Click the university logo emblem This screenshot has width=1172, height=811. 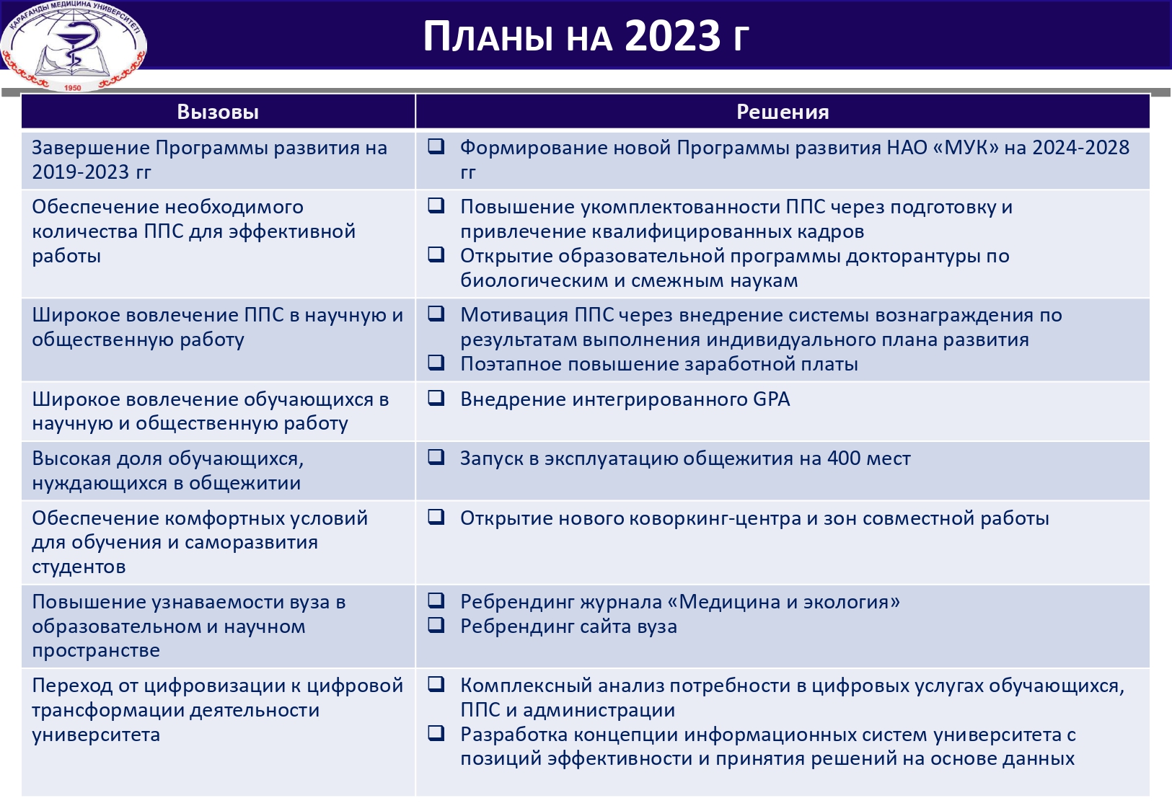pyautogui.click(x=73, y=45)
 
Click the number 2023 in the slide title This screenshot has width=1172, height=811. pyautogui.click(x=672, y=36)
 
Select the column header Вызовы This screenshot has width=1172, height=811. pyautogui.click(x=218, y=112)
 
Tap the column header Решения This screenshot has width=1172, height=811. pyautogui.click(x=783, y=112)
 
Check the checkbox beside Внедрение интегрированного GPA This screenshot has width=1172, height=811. pyautogui.click(x=436, y=398)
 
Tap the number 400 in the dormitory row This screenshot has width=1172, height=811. pyautogui.click(x=845, y=458)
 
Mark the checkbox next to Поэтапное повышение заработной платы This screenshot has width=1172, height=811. pyautogui.click(x=436, y=363)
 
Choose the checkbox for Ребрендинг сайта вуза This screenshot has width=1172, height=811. pyautogui.click(x=436, y=625)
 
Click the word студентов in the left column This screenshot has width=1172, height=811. pyautogui.click(x=79, y=567)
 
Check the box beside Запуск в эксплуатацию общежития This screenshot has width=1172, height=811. pyautogui.click(x=436, y=457)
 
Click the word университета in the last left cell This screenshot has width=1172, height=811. pyautogui.click(x=96, y=735)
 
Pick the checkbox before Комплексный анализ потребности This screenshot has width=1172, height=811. pyautogui.click(x=436, y=684)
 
